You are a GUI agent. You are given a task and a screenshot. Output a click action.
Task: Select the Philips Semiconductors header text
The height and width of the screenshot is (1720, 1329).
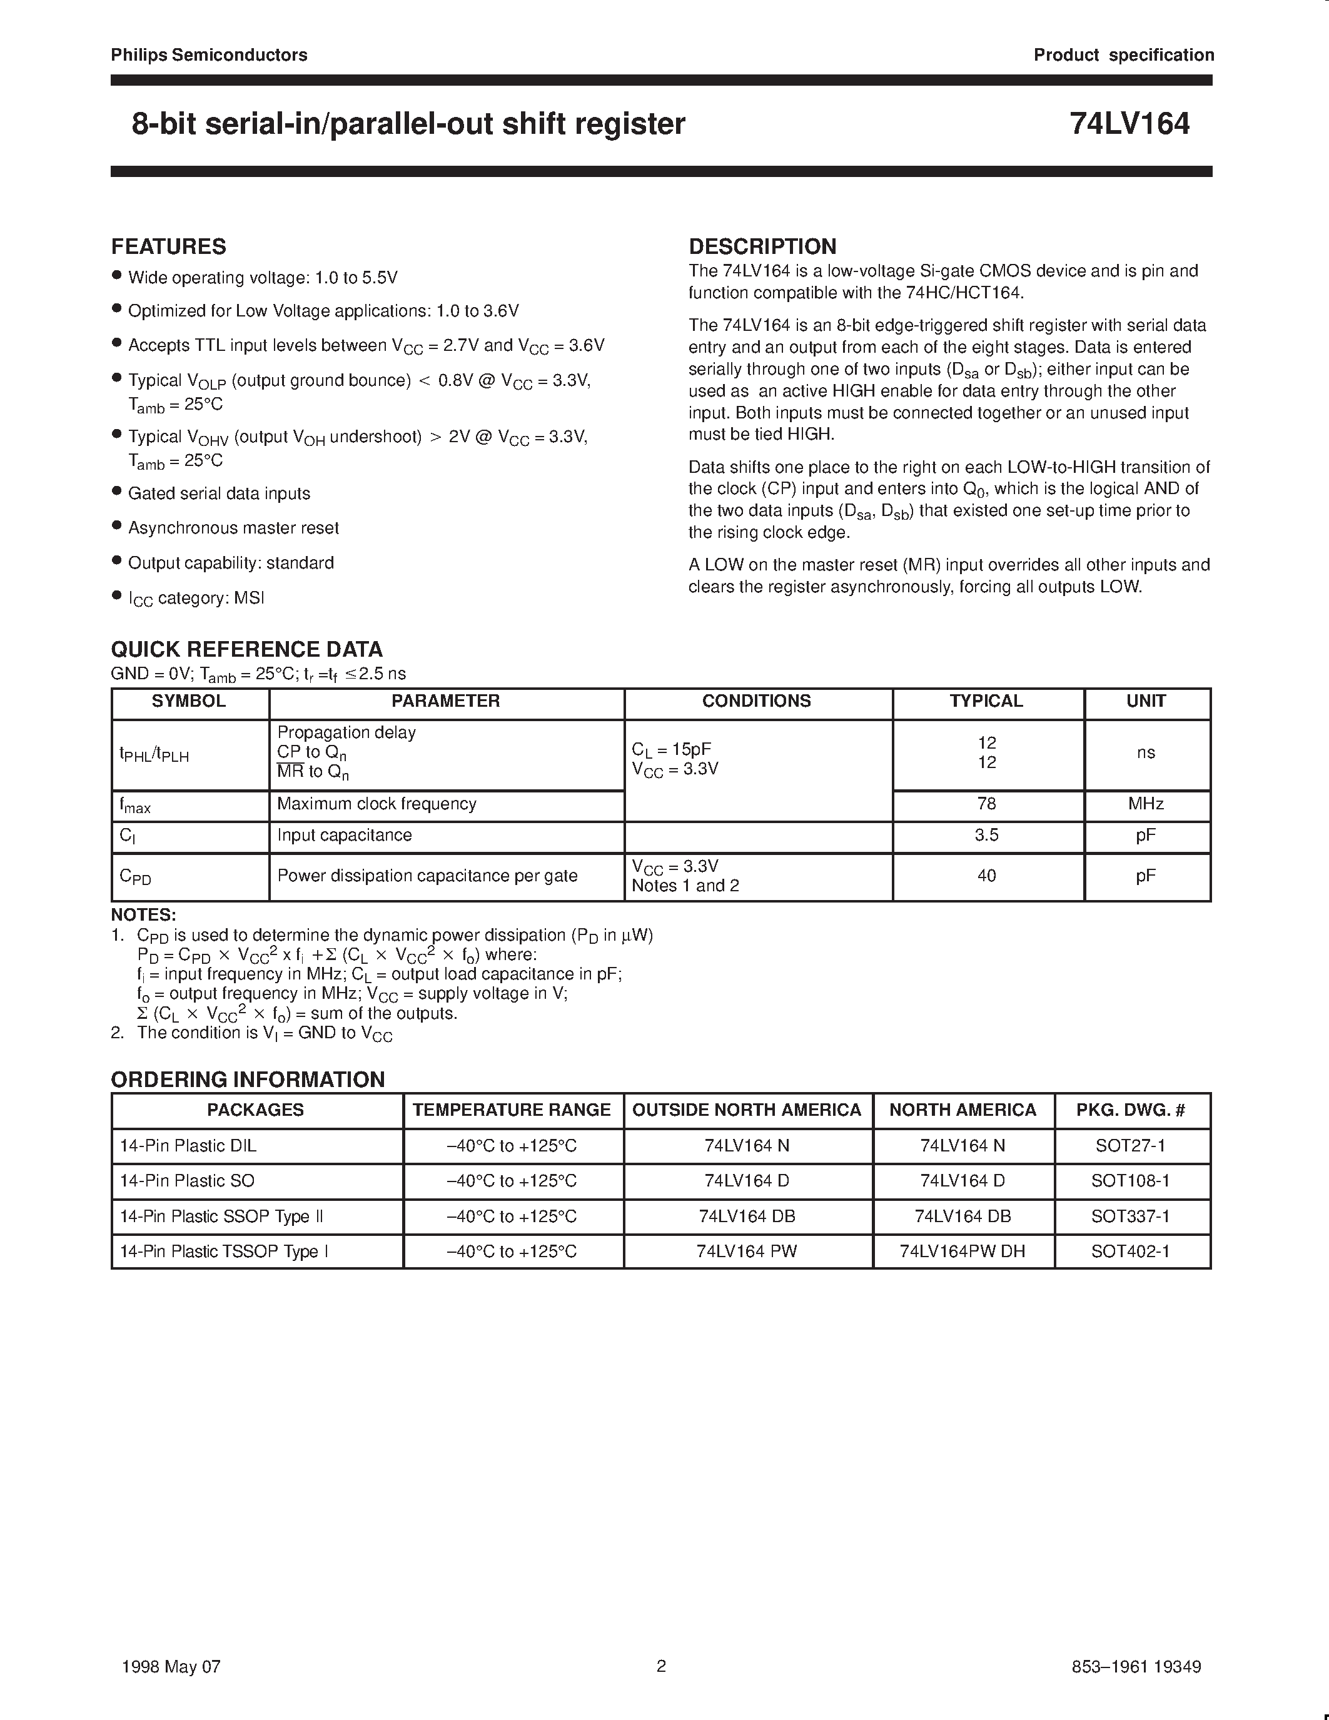[x=209, y=55]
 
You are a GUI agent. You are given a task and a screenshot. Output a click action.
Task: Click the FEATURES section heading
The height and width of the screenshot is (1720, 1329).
[x=168, y=246]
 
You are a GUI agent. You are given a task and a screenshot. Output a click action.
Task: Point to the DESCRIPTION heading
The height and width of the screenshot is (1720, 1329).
[x=762, y=246]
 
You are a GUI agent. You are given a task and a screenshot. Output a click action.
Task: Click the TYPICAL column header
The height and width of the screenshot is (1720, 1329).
[x=986, y=701]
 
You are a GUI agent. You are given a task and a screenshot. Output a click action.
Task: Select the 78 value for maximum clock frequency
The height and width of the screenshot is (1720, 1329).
[x=986, y=803]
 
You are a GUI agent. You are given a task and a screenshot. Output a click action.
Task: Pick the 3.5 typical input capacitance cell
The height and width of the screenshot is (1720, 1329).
[x=986, y=835]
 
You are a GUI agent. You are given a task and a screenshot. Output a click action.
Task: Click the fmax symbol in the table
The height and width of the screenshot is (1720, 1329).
[x=134, y=805]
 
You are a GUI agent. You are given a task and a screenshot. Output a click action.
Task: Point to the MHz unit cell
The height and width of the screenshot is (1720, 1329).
[x=1146, y=803]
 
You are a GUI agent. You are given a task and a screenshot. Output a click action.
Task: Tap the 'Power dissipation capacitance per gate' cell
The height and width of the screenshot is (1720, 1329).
[x=428, y=876]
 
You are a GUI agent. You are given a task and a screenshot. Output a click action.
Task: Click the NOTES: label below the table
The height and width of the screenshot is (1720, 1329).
[x=143, y=915]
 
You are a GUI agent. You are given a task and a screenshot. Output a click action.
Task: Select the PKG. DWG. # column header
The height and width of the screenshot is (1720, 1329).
[x=1131, y=1110]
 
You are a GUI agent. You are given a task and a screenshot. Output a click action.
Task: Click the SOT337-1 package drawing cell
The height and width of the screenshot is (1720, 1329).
[x=1131, y=1216]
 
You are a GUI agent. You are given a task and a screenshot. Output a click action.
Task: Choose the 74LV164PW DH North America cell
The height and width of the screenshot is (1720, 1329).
[x=962, y=1252]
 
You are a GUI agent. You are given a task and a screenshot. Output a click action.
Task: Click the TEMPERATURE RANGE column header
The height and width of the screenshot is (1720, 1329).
[x=512, y=1110]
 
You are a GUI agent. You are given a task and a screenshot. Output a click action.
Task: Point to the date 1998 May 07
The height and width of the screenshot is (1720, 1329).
[x=171, y=1666]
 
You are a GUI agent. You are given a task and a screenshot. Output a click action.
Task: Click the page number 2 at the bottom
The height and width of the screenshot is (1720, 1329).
[x=661, y=1666]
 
